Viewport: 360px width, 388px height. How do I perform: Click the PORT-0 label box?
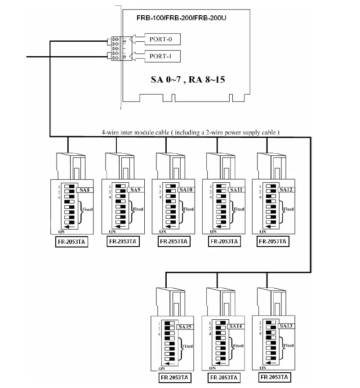pyautogui.click(x=161, y=39)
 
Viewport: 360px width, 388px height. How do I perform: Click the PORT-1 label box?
pyautogui.click(x=161, y=57)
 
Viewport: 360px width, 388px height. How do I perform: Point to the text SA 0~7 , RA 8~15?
pyautogui.click(x=187, y=80)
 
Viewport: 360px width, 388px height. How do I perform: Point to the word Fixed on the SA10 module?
pyautogui.click(x=189, y=209)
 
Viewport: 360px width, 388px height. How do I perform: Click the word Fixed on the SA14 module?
pyautogui.click(x=239, y=346)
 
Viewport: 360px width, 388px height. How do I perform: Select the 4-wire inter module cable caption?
pyautogui.click(x=191, y=132)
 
